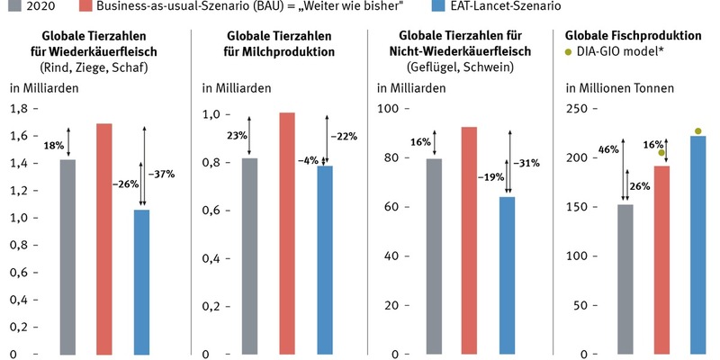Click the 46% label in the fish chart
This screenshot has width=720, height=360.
(607, 149)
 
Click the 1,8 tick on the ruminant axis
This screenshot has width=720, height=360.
(17, 108)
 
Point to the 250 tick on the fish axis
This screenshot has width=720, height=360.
(575, 108)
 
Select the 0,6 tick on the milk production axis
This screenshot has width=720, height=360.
(210, 210)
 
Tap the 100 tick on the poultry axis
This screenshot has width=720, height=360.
(389, 108)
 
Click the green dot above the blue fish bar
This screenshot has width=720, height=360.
(698, 131)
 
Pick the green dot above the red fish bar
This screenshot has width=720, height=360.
(661, 153)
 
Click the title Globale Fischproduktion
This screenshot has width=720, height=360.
(633, 35)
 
